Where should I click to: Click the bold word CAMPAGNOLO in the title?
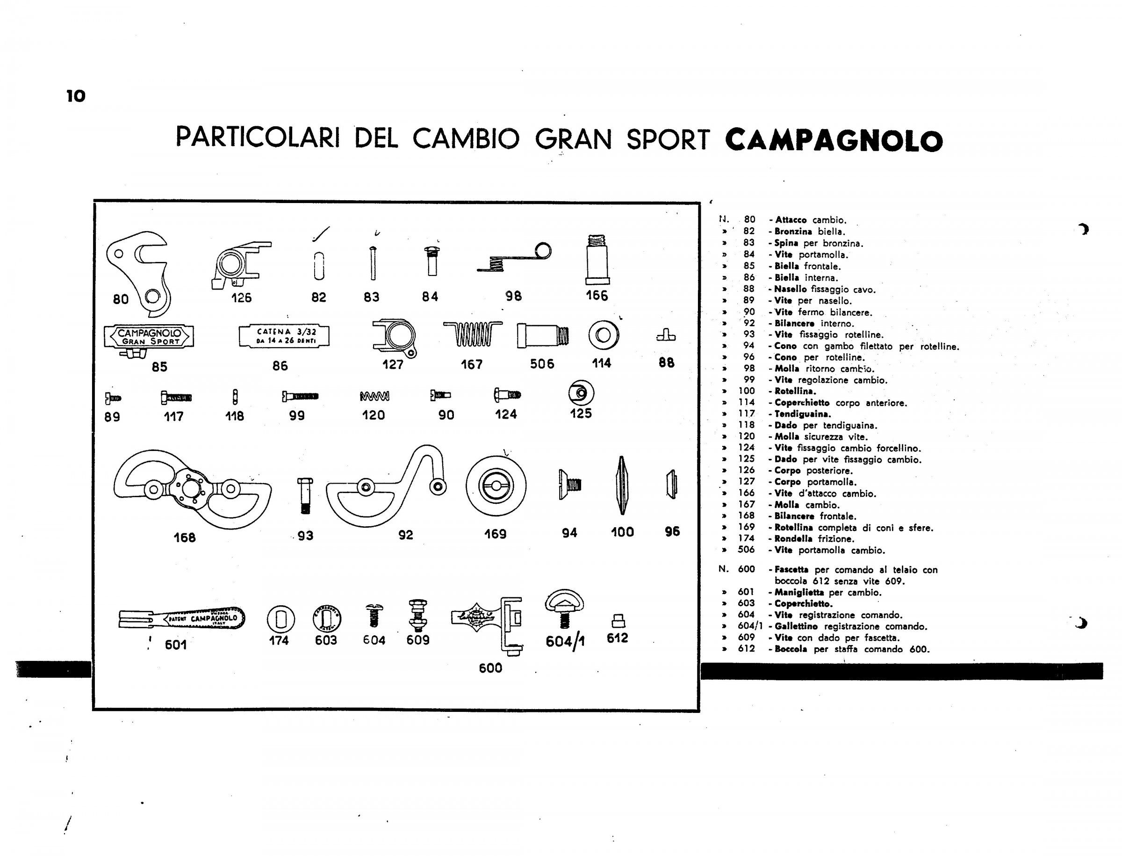point(833,141)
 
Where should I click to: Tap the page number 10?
point(76,96)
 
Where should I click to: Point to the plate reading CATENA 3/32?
point(284,336)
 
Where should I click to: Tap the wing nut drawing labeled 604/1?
point(564,609)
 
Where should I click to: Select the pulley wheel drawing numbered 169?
point(496,485)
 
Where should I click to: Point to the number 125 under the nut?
point(581,413)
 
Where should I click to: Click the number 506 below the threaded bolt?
point(542,364)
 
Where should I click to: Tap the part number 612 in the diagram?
point(617,638)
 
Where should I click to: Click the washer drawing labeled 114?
point(604,335)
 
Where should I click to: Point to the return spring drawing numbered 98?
point(514,258)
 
